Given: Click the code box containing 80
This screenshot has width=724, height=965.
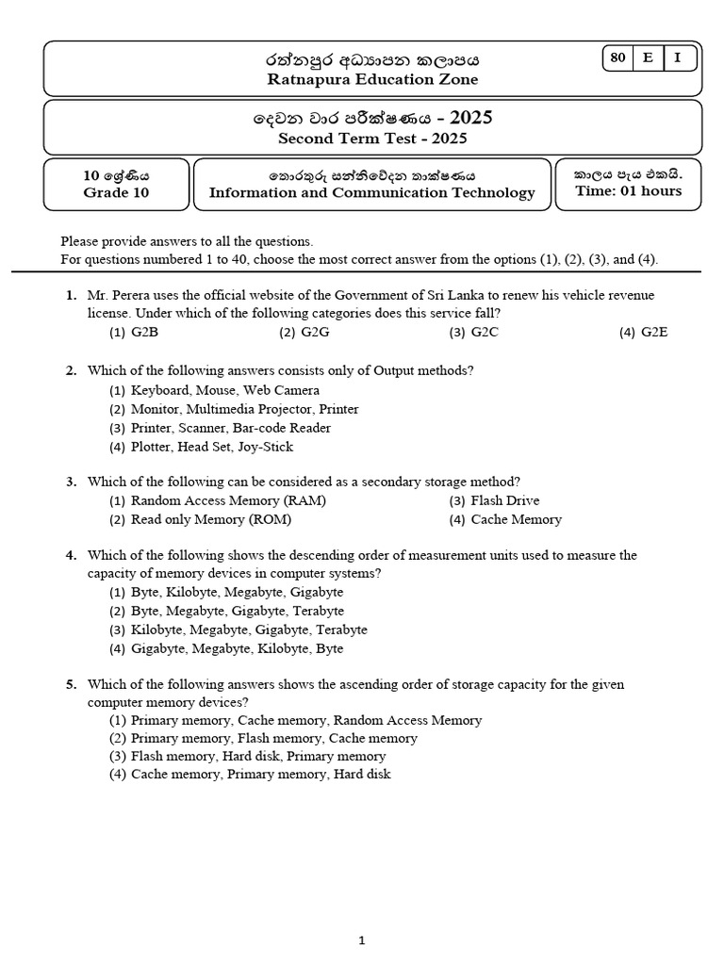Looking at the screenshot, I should (x=618, y=58).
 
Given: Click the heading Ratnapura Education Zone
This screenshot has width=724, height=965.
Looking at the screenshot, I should (x=372, y=80).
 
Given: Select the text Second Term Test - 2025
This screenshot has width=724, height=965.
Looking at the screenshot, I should (x=372, y=139).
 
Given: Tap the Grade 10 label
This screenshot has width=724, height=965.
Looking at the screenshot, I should (x=116, y=193).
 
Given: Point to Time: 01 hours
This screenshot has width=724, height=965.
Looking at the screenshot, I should (x=628, y=191).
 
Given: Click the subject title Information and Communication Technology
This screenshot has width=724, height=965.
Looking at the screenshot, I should (x=371, y=193).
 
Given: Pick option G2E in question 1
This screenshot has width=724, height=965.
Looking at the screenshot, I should (x=654, y=333).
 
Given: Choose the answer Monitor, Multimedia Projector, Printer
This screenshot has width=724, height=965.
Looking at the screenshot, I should (x=244, y=409).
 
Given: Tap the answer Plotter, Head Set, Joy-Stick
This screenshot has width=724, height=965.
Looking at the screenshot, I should (x=211, y=447).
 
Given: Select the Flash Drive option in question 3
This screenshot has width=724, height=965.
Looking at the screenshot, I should (x=504, y=500).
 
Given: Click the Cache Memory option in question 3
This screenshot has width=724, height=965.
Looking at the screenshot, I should (x=515, y=519).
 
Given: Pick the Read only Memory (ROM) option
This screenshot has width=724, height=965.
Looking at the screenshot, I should (x=210, y=519).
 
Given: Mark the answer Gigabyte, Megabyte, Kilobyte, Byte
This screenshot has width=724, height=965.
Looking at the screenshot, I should (x=237, y=648).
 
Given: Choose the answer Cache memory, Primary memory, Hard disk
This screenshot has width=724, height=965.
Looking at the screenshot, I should (x=260, y=775).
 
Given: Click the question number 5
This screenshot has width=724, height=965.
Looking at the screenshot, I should (x=71, y=684).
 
